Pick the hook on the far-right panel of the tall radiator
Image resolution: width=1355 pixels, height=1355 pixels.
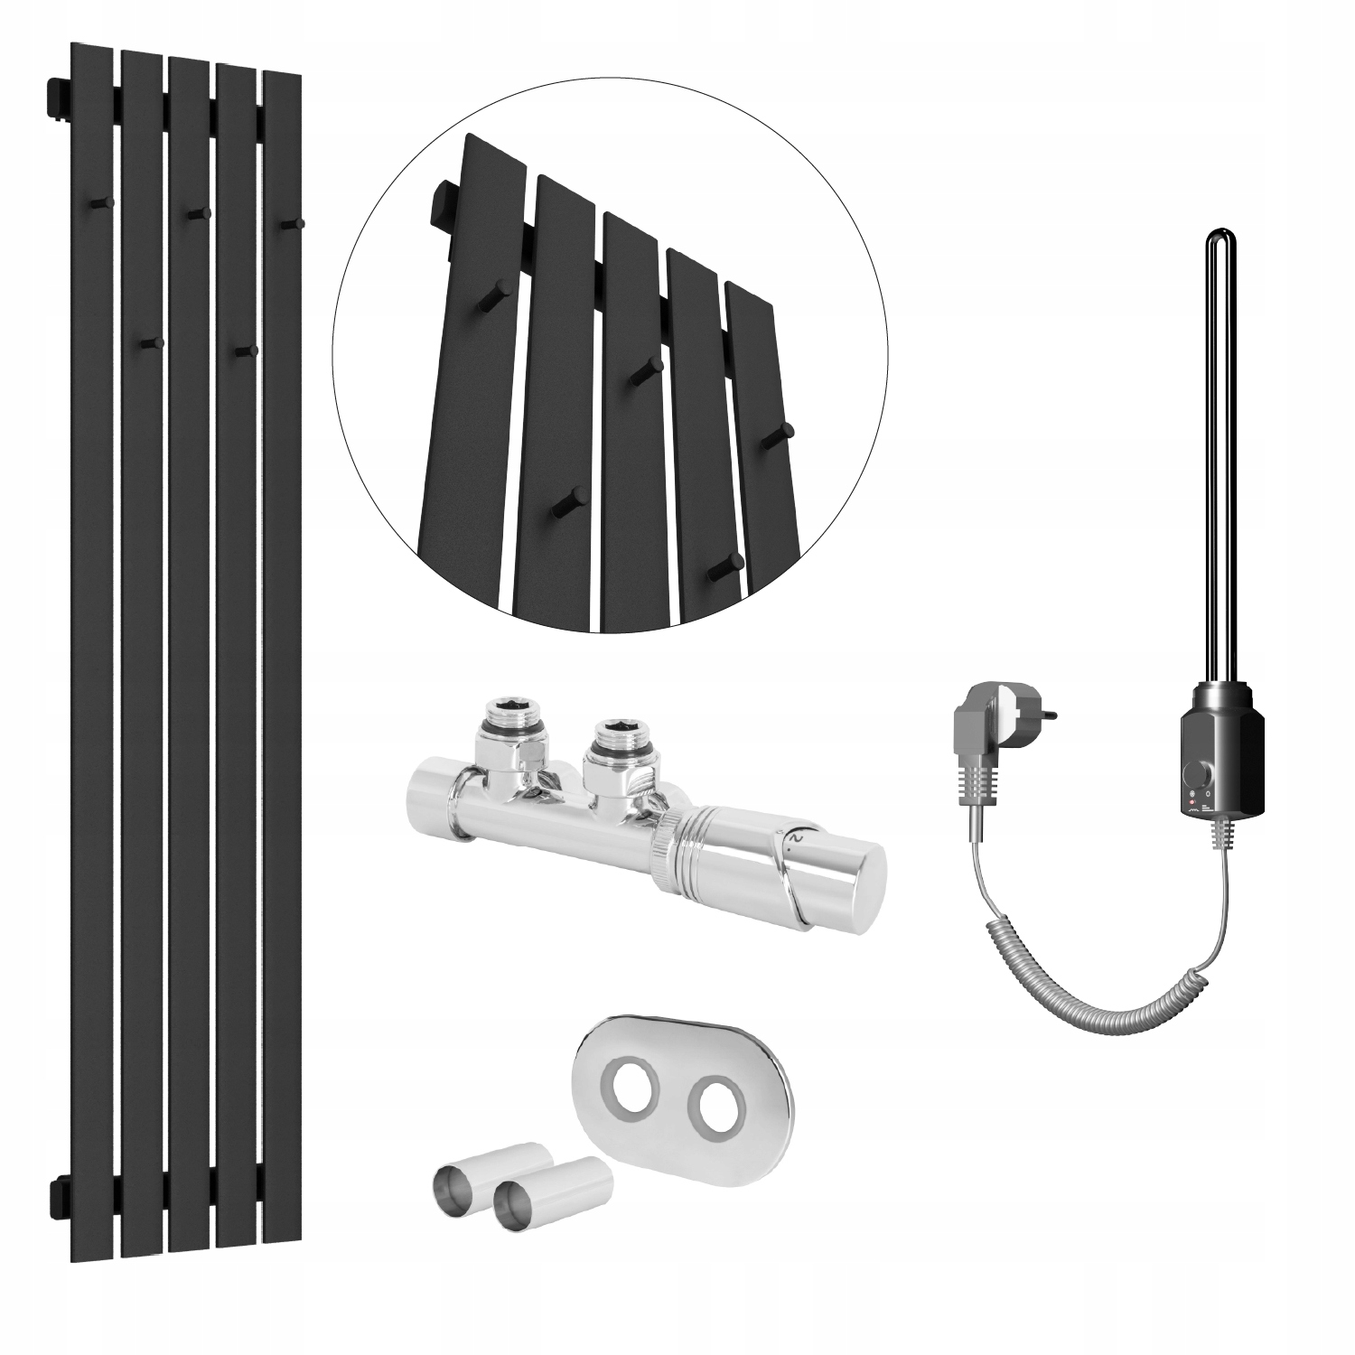click(x=291, y=223)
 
